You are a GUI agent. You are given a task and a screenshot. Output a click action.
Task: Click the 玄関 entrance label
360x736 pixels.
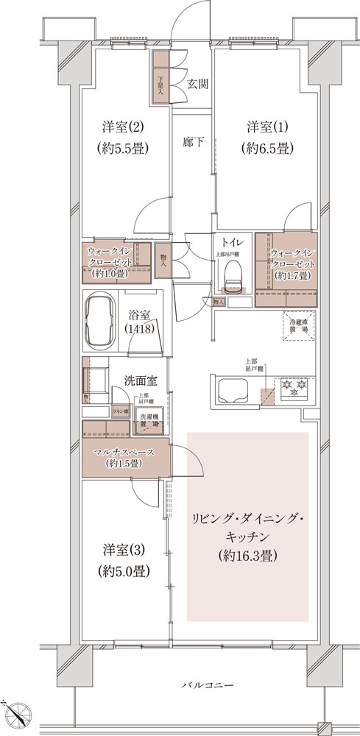197,83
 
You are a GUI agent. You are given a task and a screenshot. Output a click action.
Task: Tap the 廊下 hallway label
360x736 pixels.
194,142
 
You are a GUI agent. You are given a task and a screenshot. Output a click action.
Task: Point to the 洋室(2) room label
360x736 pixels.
123,126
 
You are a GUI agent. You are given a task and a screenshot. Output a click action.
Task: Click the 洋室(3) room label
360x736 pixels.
123,550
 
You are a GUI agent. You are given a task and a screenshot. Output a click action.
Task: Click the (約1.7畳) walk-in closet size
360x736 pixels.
292,275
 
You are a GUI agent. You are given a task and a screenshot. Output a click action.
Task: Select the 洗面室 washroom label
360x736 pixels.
139,381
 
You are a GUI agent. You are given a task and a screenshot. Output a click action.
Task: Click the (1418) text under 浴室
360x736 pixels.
139,330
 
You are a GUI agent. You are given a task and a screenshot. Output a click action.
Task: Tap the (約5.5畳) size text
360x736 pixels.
123,147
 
